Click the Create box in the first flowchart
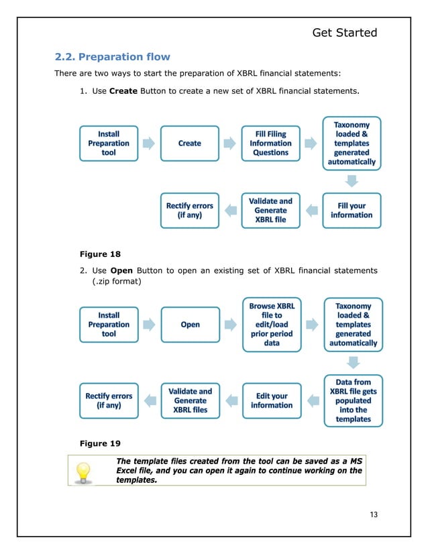point(190,144)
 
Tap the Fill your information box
point(352,211)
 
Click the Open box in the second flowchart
point(190,325)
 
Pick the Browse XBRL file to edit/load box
point(271,325)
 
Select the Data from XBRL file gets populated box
point(353,400)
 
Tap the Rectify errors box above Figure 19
point(109,400)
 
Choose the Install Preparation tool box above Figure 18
point(109,144)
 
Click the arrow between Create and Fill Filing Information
point(230,144)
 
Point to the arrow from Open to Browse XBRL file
point(230,325)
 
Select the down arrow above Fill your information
point(352,180)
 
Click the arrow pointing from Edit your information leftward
point(230,401)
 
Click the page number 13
point(374,514)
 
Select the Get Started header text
point(345,32)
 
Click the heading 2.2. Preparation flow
point(112,56)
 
